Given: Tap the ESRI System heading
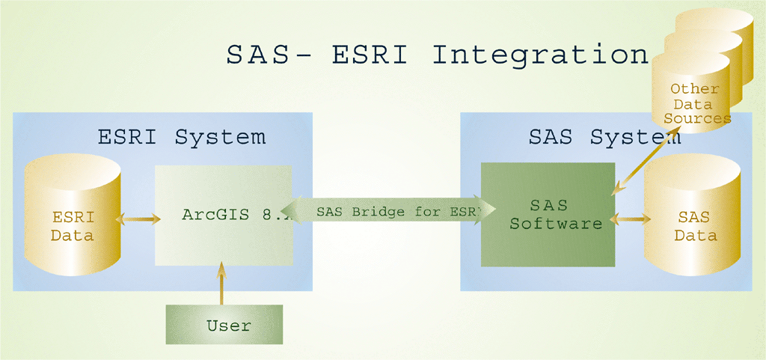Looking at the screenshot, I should tap(182, 138).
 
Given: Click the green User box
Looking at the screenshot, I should tap(224, 325).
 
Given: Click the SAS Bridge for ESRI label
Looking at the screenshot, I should tap(396, 212).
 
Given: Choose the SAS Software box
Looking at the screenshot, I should tap(548, 213).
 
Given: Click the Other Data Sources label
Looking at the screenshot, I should tap(695, 103).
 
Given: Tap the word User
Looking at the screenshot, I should tap(229, 326).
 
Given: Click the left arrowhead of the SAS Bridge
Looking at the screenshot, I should tap(298, 212).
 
